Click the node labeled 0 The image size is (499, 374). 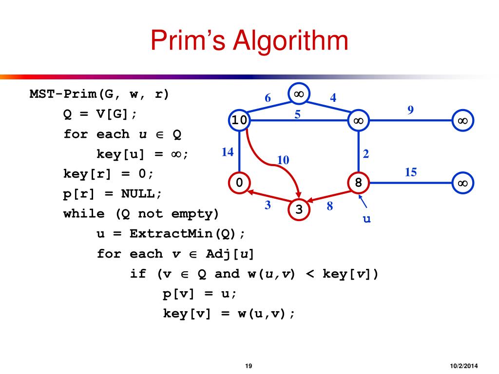coord(239,183)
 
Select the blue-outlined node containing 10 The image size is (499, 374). coord(239,120)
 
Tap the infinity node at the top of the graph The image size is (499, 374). coord(299,93)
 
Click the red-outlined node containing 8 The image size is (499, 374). coord(358,183)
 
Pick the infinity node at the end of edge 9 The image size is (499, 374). coord(462,120)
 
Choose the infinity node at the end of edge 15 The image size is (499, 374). coord(462,183)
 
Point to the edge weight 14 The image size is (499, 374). coord(227,152)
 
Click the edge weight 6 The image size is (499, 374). coord(268,98)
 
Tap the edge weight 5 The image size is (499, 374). coord(297,115)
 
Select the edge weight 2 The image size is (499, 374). coord(365,154)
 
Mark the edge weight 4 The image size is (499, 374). coord(333,97)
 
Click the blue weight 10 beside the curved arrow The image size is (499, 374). coord(283,160)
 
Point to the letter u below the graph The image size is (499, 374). coord(366,219)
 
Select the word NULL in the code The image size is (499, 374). coord(138,193)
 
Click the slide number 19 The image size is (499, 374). coord(249,366)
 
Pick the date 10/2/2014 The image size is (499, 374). coord(463,366)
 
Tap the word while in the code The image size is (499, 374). coord(79,213)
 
